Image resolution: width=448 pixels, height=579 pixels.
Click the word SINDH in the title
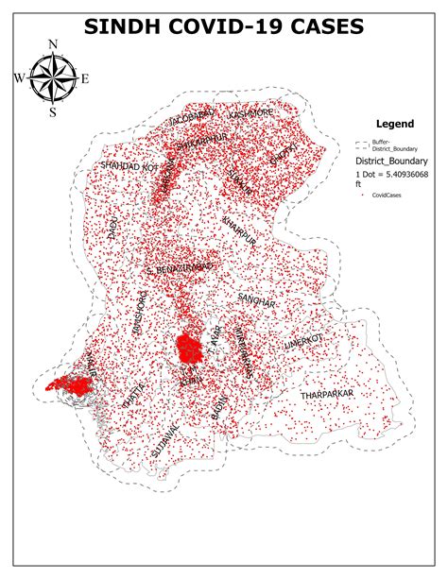point(126,28)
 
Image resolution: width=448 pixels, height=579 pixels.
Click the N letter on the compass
point(54,45)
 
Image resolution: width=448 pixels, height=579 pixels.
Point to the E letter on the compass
point(84,78)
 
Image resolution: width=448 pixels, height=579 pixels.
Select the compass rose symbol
point(54,78)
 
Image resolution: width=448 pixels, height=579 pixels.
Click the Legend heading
point(395,124)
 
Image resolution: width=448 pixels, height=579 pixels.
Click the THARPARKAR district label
point(326,392)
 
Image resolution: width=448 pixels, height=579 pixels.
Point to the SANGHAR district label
point(256,301)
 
